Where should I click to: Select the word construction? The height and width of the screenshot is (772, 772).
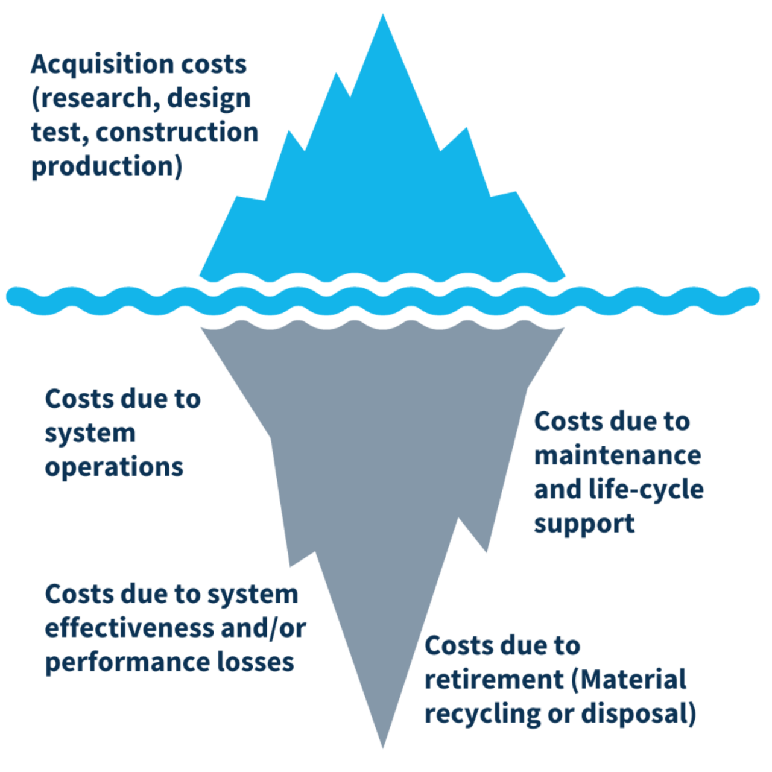point(177,132)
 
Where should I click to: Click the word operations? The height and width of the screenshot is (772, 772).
point(114,467)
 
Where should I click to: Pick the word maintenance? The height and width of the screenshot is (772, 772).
point(618,455)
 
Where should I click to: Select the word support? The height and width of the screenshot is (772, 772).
point(584,524)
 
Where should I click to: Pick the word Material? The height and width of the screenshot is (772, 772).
point(632,680)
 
